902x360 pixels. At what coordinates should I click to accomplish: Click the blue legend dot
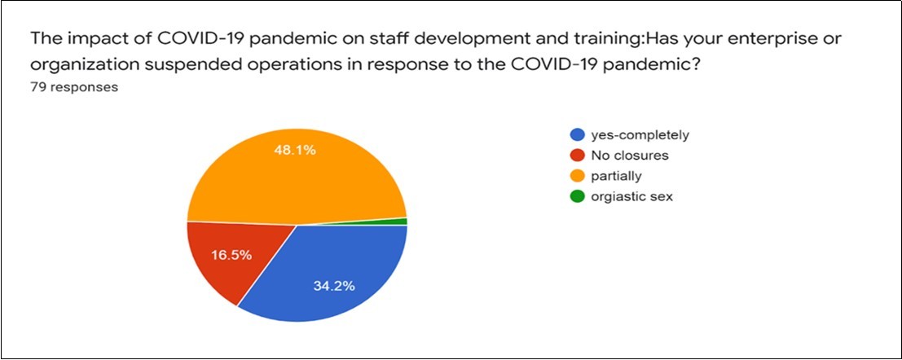point(576,135)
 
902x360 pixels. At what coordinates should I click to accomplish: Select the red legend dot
point(576,156)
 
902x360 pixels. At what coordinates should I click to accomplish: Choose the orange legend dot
point(576,176)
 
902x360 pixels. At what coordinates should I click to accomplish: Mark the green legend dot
point(576,196)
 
